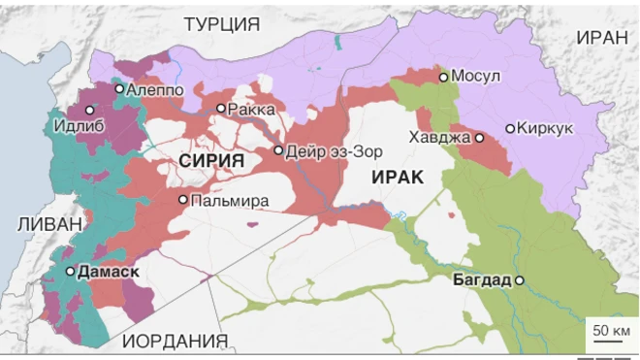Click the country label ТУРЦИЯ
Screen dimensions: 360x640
click(222, 24)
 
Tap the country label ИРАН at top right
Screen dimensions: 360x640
click(602, 37)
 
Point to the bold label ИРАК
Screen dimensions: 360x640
click(395, 176)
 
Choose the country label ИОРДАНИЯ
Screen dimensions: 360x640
click(176, 341)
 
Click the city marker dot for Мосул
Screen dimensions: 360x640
click(443, 77)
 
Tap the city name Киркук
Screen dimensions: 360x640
click(547, 128)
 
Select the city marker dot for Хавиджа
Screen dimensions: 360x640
click(479, 138)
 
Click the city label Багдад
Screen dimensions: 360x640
click(481, 280)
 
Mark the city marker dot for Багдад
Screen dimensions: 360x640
click(520, 280)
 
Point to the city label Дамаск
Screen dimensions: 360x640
click(106, 272)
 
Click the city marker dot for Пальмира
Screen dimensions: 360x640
click(182, 200)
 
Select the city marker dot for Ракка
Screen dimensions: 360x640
click(221, 109)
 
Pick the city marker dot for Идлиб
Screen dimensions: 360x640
click(90, 111)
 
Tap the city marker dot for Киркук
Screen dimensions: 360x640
click(510, 128)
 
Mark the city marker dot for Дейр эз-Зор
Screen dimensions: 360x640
click(278, 150)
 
